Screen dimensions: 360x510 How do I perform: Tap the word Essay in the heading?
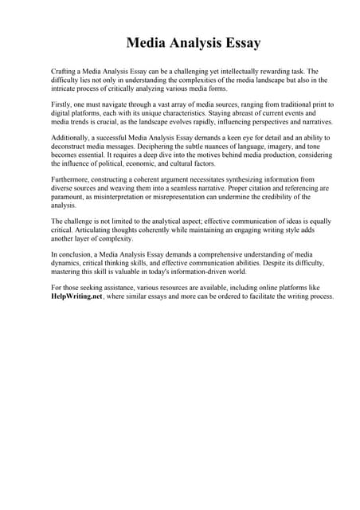coord(239,42)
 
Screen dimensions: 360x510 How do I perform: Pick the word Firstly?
coord(63,105)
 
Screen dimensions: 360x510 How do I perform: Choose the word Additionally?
coord(72,139)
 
